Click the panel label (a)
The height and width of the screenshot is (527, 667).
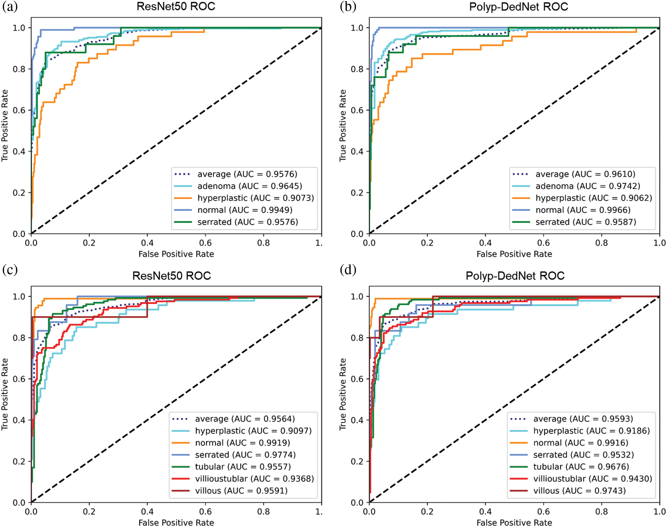[x=10, y=7]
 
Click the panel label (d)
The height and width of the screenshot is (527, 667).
[x=348, y=269]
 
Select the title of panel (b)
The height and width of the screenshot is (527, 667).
[x=518, y=7]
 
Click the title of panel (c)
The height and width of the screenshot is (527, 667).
[x=171, y=275]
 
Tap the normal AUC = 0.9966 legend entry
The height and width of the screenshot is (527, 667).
[x=583, y=210]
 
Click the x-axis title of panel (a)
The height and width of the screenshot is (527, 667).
[x=176, y=254]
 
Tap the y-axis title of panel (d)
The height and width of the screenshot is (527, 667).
[x=342, y=394]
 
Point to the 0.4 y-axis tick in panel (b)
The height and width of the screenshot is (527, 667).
[x=357, y=151]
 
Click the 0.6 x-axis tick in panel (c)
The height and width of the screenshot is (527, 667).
[x=205, y=511]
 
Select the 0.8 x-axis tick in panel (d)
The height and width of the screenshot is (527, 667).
[x=601, y=511]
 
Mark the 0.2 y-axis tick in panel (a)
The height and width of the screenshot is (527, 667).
[x=19, y=192]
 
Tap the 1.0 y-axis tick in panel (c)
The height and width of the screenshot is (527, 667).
[x=19, y=297]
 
